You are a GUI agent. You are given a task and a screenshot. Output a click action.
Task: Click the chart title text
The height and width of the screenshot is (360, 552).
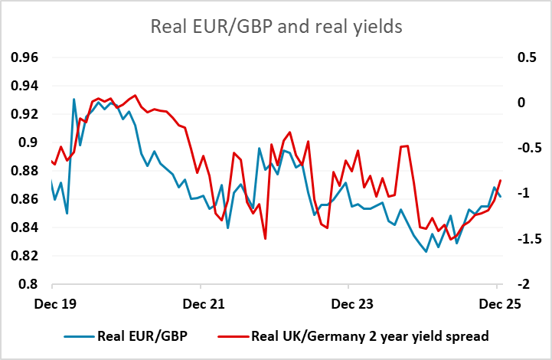[276, 26]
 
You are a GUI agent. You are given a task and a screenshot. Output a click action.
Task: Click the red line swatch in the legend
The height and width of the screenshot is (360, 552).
[229, 335]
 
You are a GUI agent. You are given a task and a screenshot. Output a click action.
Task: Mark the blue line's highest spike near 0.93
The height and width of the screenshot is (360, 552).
[74, 99]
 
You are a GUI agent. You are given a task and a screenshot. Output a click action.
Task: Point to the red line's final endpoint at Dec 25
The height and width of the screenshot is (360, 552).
[501, 181]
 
